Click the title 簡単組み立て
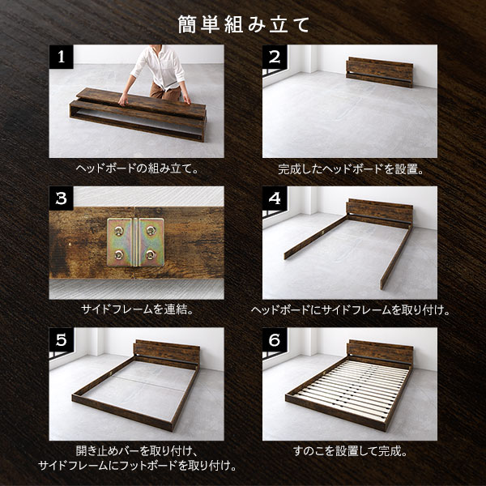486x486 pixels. point(244,25)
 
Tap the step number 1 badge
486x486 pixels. point(61,57)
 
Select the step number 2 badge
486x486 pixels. point(275,57)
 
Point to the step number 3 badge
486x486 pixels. point(61,198)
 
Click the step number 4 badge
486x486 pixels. point(275,198)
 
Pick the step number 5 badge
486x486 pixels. point(61,339)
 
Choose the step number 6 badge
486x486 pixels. point(275,339)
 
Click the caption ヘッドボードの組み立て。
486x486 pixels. point(137,168)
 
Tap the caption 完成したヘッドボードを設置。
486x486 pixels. point(350,169)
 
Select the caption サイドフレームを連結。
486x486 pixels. point(137,309)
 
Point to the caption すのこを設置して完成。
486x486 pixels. point(350,451)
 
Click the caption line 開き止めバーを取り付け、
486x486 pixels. point(137,451)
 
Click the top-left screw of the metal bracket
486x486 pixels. point(119,230)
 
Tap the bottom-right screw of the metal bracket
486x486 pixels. point(151,255)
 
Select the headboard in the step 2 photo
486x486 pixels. point(380,72)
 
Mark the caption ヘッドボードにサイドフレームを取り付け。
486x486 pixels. point(350,309)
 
